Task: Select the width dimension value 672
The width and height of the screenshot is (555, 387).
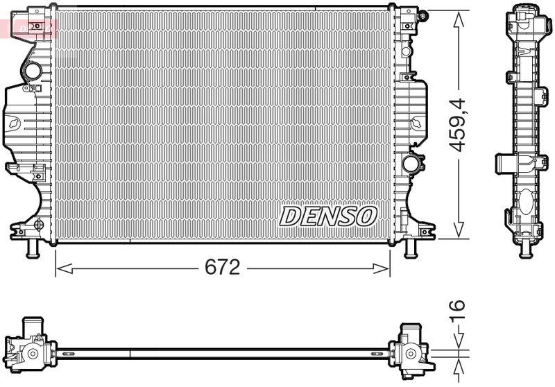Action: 221,267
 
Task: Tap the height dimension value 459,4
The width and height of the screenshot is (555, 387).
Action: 458,125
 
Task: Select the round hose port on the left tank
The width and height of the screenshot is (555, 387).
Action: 33,71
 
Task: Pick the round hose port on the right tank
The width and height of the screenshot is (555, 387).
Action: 411,164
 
